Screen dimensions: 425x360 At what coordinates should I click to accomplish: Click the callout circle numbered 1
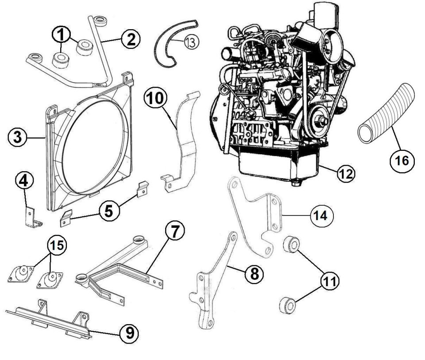coord(61,34)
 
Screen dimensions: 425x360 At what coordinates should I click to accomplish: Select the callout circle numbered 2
coord(131,39)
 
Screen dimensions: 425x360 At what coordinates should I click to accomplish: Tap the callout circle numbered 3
coord(17,138)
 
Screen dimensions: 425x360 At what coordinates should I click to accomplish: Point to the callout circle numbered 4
coord(24,180)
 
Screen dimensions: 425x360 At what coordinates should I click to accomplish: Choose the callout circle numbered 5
coord(109,211)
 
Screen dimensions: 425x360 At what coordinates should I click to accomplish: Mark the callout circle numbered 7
coord(175,231)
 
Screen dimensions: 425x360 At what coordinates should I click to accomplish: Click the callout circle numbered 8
coord(254,274)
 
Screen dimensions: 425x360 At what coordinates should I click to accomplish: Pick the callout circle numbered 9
coord(130,333)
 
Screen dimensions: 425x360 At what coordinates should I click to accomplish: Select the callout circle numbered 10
coord(155,98)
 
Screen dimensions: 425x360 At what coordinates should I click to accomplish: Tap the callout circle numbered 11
coord(330,281)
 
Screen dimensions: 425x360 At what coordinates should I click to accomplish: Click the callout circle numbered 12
coord(346,173)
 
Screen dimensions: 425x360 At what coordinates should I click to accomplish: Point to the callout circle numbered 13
coord(191,42)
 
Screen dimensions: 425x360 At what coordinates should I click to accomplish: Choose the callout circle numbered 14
coord(322,216)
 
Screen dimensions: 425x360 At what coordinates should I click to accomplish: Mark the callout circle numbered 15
coord(57,245)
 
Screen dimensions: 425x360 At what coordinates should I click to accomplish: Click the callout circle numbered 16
coord(402,161)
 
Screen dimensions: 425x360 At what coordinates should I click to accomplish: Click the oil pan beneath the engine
coord(278,164)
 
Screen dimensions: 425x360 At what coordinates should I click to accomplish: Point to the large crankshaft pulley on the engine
coord(318,121)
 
